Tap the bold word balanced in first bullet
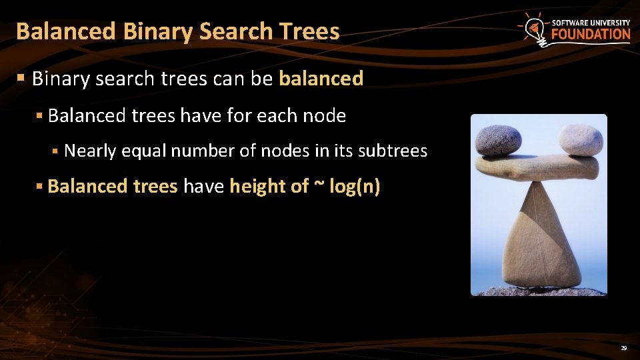tap(321, 79)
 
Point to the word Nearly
tap(90, 151)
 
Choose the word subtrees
tap(393, 151)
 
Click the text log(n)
tap(355, 186)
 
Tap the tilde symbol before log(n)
tap(319, 186)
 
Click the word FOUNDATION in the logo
tap(591, 35)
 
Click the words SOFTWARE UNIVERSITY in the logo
tap(591, 23)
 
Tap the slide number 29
tap(624, 348)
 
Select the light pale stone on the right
tap(581, 139)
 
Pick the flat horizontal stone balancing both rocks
tap(537, 168)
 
